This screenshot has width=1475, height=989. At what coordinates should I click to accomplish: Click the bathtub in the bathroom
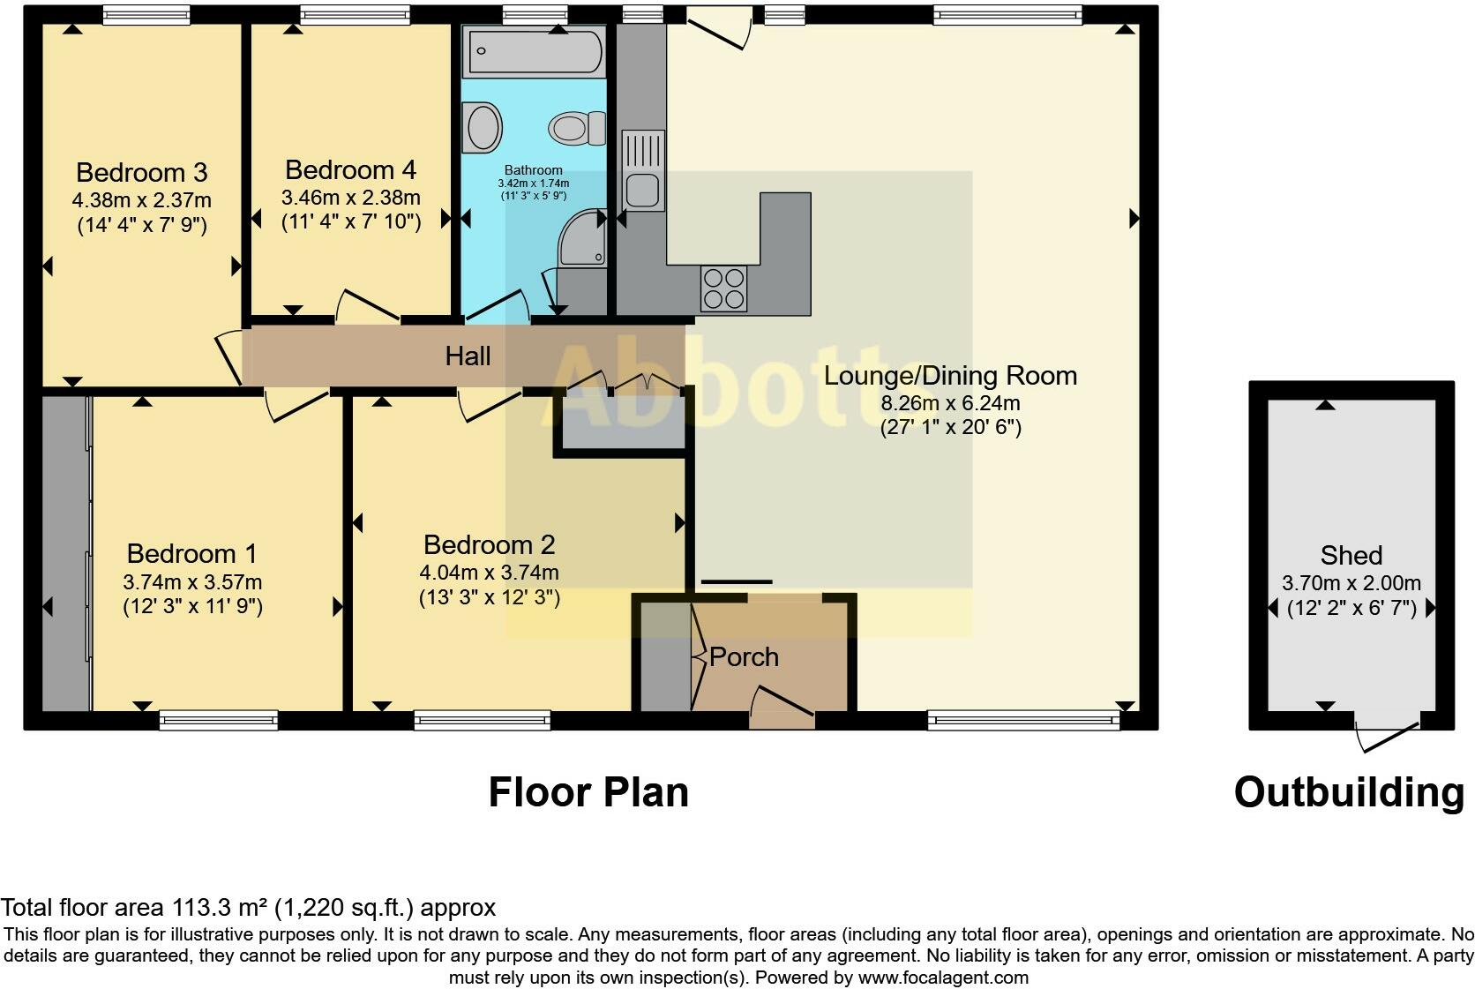pos(535,51)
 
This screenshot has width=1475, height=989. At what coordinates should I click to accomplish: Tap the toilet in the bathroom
pos(578,129)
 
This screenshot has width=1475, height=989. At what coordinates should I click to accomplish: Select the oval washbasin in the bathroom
pos(483,127)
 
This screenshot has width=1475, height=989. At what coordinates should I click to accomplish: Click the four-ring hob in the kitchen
pos(723,288)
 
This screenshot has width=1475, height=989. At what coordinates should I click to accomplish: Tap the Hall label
pos(468,356)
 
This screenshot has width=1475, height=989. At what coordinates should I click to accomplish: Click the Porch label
pos(744,657)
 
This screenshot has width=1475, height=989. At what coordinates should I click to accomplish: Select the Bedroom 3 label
pos(141,172)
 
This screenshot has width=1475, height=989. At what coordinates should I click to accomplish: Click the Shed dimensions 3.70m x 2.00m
pos(1351,583)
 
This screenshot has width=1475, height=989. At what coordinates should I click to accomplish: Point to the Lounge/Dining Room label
pos(950,376)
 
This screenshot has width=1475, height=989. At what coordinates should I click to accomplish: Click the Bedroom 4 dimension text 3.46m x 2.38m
pos(350,198)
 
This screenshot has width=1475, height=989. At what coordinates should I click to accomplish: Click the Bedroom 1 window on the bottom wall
pos(219,721)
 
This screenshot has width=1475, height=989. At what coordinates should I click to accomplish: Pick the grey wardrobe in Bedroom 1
pos(65,553)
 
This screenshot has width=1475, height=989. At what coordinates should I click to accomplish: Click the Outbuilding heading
pos(1349,792)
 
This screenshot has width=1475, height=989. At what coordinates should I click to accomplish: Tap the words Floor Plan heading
pos(588,792)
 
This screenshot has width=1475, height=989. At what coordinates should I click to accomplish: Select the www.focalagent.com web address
pos(942,978)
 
